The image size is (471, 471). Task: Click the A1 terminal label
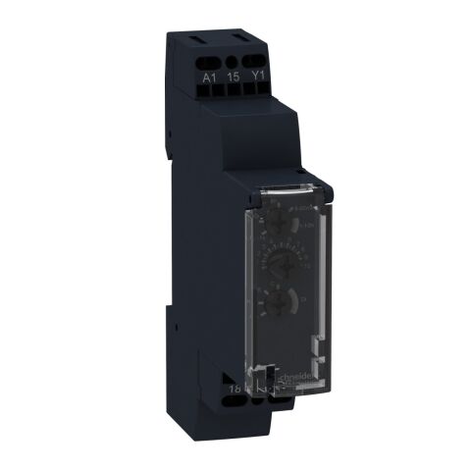pos(207,76)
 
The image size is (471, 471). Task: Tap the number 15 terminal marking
pos(234,76)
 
